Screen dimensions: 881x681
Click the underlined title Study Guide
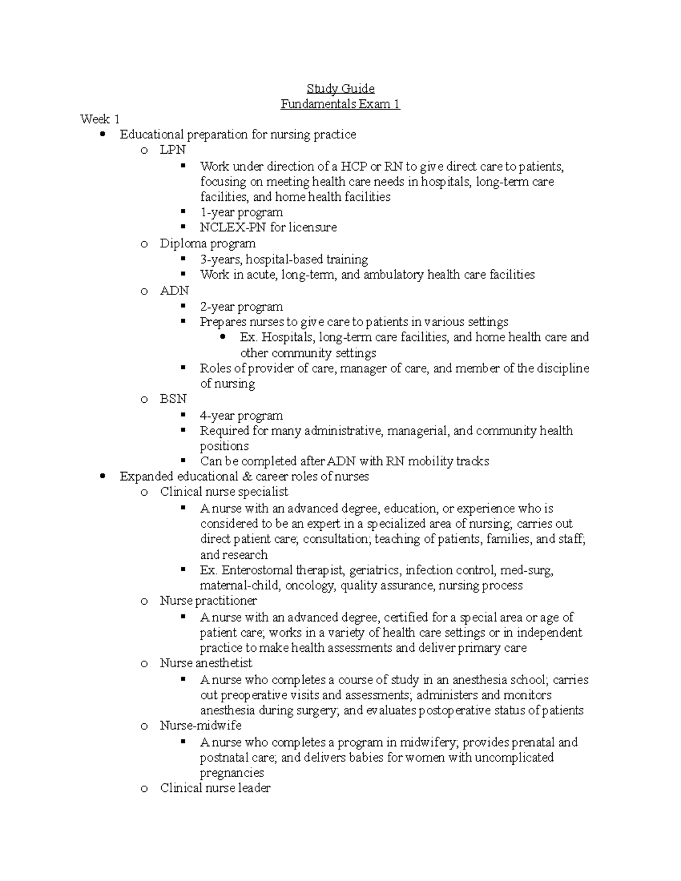click(340, 88)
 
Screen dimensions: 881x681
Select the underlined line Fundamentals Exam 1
click(340, 104)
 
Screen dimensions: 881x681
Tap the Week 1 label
click(100, 119)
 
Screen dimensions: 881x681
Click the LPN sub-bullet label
click(173, 150)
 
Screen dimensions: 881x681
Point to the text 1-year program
click(241, 212)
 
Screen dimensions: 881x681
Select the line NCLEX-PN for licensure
click(268, 227)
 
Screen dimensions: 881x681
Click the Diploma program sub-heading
click(208, 243)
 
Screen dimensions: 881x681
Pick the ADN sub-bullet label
click(174, 290)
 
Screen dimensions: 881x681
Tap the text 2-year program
click(241, 307)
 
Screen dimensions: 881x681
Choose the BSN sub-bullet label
click(173, 399)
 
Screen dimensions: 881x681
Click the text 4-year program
click(241, 415)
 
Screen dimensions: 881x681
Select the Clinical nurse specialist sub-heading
click(224, 492)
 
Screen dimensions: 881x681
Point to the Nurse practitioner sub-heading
click(208, 600)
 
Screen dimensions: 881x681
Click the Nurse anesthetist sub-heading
click(206, 663)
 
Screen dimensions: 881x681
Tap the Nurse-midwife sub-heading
click(201, 726)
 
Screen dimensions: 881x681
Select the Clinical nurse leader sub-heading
click(215, 788)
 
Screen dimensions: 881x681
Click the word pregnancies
click(232, 773)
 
